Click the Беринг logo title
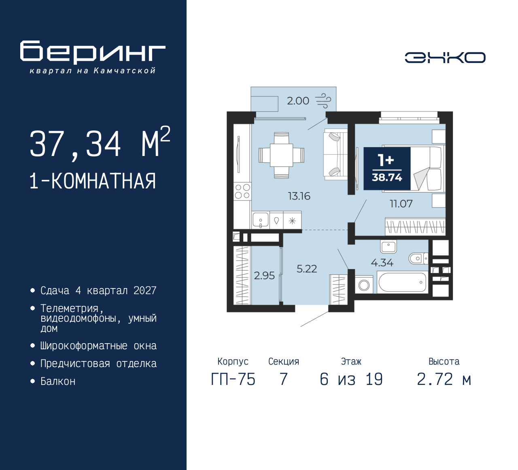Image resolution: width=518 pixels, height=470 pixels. (93, 52)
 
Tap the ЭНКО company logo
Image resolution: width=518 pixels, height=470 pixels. (445, 58)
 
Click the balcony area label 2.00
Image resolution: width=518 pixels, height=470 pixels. (298, 100)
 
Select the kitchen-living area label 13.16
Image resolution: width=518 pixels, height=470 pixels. (299, 196)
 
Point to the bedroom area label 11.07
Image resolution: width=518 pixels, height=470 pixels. (401, 203)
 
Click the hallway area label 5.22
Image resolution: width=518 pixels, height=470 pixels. (307, 269)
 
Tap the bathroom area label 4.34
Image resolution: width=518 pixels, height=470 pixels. (382, 263)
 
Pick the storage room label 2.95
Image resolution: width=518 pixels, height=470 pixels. (264, 276)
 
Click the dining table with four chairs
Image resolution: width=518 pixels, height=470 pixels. (282, 155)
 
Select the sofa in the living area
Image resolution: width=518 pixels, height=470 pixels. (335, 154)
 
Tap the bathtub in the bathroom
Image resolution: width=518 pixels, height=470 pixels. (402, 282)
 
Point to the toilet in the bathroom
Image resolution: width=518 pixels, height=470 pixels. (418, 258)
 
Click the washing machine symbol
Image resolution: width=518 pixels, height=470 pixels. (364, 284)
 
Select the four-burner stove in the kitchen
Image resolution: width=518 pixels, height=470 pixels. (242, 191)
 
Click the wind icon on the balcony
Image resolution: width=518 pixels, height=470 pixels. (323, 100)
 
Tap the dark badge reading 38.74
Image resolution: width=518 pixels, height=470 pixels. (387, 168)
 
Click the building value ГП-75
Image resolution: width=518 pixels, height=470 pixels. (233, 379)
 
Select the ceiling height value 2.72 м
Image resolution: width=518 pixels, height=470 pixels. (444, 379)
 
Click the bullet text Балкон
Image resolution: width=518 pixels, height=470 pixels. (58, 381)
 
